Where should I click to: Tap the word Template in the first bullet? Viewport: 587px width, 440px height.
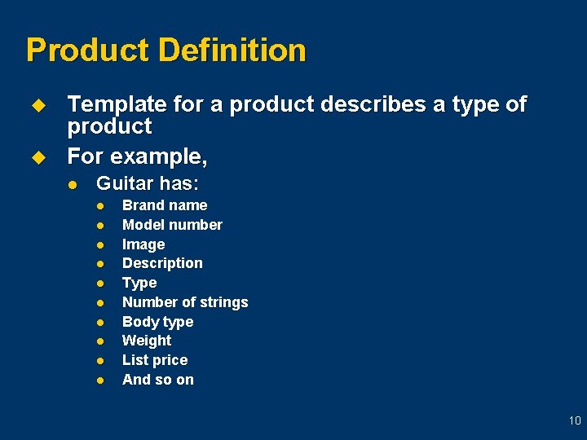pyautogui.click(x=116, y=105)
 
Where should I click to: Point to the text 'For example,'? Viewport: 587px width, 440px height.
pyautogui.click(x=137, y=155)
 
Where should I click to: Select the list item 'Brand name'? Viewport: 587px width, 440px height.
pyautogui.click(x=165, y=205)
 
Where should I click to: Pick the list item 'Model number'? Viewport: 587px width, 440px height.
pyautogui.click(x=172, y=225)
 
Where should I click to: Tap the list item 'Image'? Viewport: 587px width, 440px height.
pyautogui.click(x=143, y=244)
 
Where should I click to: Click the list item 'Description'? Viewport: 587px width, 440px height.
pyautogui.click(x=162, y=263)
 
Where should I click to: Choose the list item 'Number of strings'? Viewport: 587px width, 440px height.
pyautogui.click(x=185, y=302)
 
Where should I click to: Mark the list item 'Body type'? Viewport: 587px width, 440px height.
pyautogui.click(x=157, y=322)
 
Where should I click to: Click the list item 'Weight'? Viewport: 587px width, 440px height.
pyautogui.click(x=147, y=341)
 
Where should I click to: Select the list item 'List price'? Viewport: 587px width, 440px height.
pyautogui.click(x=155, y=360)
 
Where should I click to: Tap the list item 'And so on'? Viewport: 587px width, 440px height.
pyautogui.click(x=158, y=380)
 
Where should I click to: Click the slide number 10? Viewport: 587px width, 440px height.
pyautogui.click(x=575, y=421)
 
